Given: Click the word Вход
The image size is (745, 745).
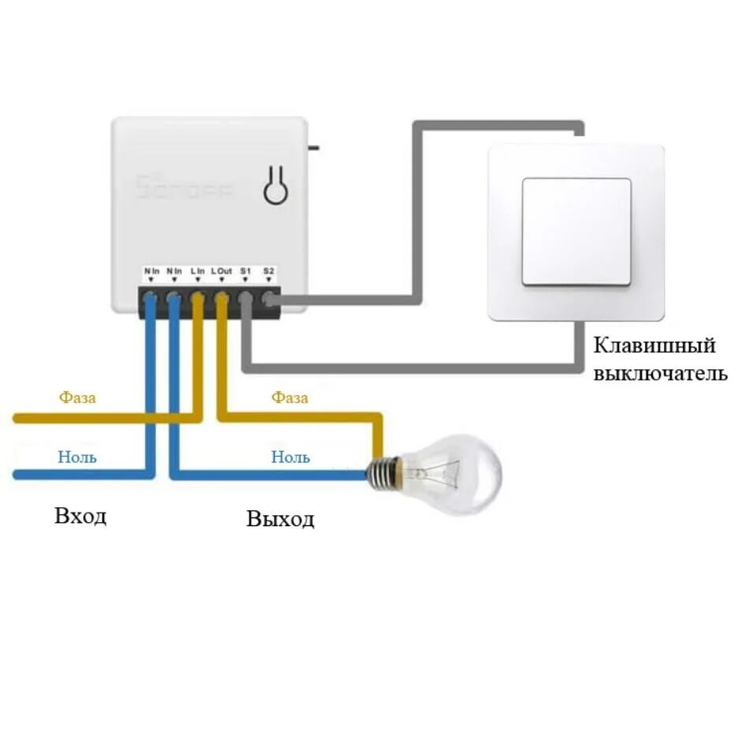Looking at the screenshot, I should [x=80, y=517].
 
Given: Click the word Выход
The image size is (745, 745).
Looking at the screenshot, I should [x=280, y=519].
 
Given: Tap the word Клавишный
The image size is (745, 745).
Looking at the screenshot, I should [x=654, y=346].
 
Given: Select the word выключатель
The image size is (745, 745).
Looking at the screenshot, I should [x=660, y=372].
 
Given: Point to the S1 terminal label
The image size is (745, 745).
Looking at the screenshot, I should [x=246, y=272].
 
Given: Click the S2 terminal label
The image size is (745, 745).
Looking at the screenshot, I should [x=269, y=272].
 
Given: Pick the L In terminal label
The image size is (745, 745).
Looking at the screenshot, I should [x=198, y=272].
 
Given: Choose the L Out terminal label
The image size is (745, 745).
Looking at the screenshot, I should [x=221, y=272].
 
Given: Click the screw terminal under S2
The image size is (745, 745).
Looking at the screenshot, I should [x=269, y=299].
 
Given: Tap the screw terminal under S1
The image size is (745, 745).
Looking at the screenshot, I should [x=246, y=299].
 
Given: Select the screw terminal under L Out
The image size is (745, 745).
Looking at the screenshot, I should [x=221, y=299].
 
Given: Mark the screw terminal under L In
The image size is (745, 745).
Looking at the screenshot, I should [x=198, y=299].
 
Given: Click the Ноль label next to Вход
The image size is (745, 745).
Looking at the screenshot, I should [x=77, y=457].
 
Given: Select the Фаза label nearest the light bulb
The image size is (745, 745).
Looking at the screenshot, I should [x=290, y=398].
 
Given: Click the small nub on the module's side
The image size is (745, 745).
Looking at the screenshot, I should [x=313, y=146].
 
